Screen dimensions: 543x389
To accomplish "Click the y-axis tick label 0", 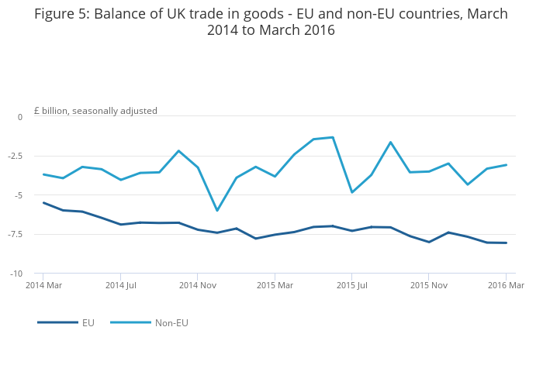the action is (x=20, y=117).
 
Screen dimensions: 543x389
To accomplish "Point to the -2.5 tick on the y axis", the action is (x=16, y=156).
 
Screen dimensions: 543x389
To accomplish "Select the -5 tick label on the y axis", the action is (x=19, y=195).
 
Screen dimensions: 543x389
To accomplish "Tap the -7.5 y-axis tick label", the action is (x=16, y=234).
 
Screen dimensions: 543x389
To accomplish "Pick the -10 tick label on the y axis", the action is (x=16, y=274).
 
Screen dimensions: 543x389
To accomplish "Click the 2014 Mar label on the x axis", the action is (x=43, y=285).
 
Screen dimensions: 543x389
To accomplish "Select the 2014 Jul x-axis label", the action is (x=121, y=285).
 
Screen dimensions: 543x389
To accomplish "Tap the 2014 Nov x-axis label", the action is (x=198, y=285).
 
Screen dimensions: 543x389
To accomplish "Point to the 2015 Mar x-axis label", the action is (x=275, y=285).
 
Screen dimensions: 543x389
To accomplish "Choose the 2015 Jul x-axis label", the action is (x=352, y=285).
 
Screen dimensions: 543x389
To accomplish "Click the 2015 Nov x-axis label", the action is (x=429, y=285).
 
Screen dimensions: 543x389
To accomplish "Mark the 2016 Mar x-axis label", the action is (x=506, y=285).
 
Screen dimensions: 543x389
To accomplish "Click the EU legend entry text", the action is (x=88, y=323).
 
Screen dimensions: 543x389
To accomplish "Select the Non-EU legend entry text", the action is (x=171, y=323).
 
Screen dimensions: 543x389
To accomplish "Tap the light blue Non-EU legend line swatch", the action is (x=130, y=322).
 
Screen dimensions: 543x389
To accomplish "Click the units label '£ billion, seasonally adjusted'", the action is (x=95, y=111).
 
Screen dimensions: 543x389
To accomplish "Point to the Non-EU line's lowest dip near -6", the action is (x=217, y=210).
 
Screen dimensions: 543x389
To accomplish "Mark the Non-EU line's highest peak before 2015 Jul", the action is (x=333, y=137).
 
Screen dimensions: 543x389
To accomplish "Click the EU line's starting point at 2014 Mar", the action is (x=43, y=203).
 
